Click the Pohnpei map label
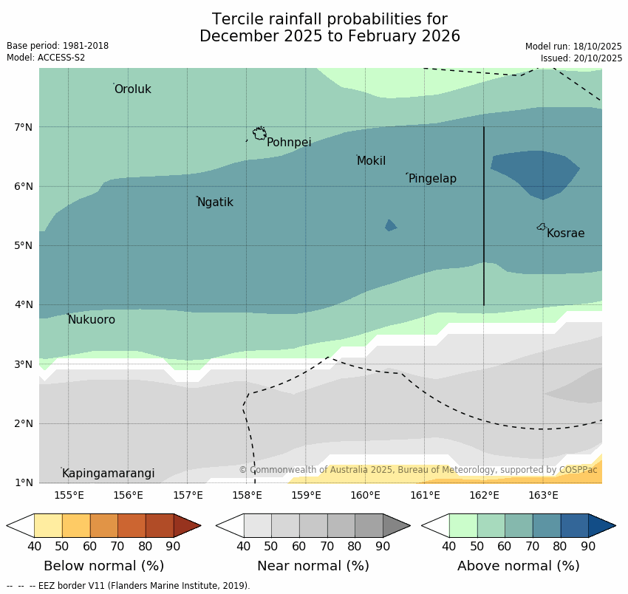(289, 143)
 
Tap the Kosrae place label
(565, 233)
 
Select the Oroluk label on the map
(133, 89)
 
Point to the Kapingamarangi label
(108, 474)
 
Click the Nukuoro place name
(92, 320)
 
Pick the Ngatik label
(215, 202)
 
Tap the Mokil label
(371, 161)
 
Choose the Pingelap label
(432, 179)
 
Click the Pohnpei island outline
(259, 134)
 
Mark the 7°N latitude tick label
(24, 127)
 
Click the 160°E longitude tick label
(365, 495)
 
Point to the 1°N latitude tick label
(24, 482)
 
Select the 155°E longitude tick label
(69, 495)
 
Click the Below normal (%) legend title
(103, 566)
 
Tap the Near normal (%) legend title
(313, 566)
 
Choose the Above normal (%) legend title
(518, 566)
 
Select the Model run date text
(573, 46)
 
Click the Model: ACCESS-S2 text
(46, 58)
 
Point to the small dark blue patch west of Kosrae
(390, 225)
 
